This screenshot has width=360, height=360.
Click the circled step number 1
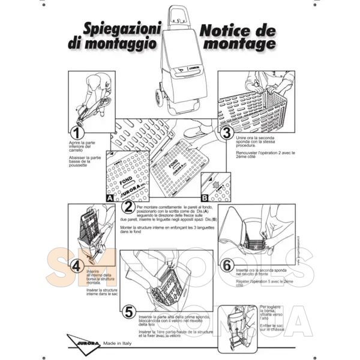(77, 133)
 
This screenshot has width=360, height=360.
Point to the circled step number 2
(128, 207)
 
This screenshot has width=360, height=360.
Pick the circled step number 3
(227, 133)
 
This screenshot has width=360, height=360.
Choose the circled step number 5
(128, 311)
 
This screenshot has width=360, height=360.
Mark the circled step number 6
(226, 265)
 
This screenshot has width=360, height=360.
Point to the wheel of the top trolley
(159, 96)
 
